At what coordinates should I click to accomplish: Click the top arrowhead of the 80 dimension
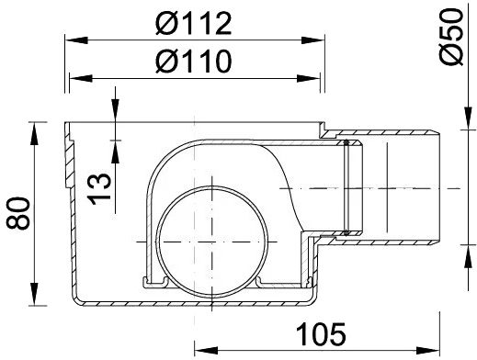click(35, 125)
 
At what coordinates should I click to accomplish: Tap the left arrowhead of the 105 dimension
click(200, 350)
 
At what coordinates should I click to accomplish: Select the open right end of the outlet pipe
click(442, 189)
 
